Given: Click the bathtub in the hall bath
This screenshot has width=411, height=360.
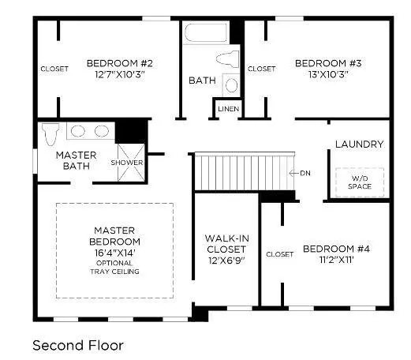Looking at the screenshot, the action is (206, 32).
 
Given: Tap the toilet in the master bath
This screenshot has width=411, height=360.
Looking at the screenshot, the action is (50, 133).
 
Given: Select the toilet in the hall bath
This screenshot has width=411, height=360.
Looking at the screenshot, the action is (228, 59).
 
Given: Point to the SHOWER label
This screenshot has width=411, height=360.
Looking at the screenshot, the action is (127, 163).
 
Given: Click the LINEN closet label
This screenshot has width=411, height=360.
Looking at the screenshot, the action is (229, 109).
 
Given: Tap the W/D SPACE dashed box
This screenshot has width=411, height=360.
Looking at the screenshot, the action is (360, 182).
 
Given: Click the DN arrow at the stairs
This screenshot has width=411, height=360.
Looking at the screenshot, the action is (294, 173).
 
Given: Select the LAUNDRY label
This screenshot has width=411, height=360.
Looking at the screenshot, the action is (359, 144).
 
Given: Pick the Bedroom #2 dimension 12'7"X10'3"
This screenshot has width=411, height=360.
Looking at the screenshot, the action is (120, 75).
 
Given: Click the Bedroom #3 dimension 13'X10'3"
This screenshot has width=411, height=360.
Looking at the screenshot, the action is (328, 75).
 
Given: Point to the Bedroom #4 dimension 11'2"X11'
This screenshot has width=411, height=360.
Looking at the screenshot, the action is (336, 260).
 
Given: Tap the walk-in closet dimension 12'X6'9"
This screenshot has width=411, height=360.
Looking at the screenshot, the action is (226, 261).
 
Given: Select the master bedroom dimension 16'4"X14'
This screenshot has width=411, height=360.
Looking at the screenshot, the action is (114, 253).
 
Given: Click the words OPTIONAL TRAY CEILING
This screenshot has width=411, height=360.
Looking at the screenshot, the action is (114, 268).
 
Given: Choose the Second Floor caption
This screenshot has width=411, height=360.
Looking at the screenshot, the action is (78, 346).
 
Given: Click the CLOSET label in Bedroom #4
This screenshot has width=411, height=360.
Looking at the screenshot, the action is (279, 254).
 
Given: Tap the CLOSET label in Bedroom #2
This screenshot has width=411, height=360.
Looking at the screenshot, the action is (54, 69).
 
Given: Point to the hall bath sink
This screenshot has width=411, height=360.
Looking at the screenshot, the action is (231, 85).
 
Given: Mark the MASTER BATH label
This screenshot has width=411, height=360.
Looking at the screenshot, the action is (77, 160).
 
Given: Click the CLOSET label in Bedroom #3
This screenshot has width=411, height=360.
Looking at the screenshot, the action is (262, 69).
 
